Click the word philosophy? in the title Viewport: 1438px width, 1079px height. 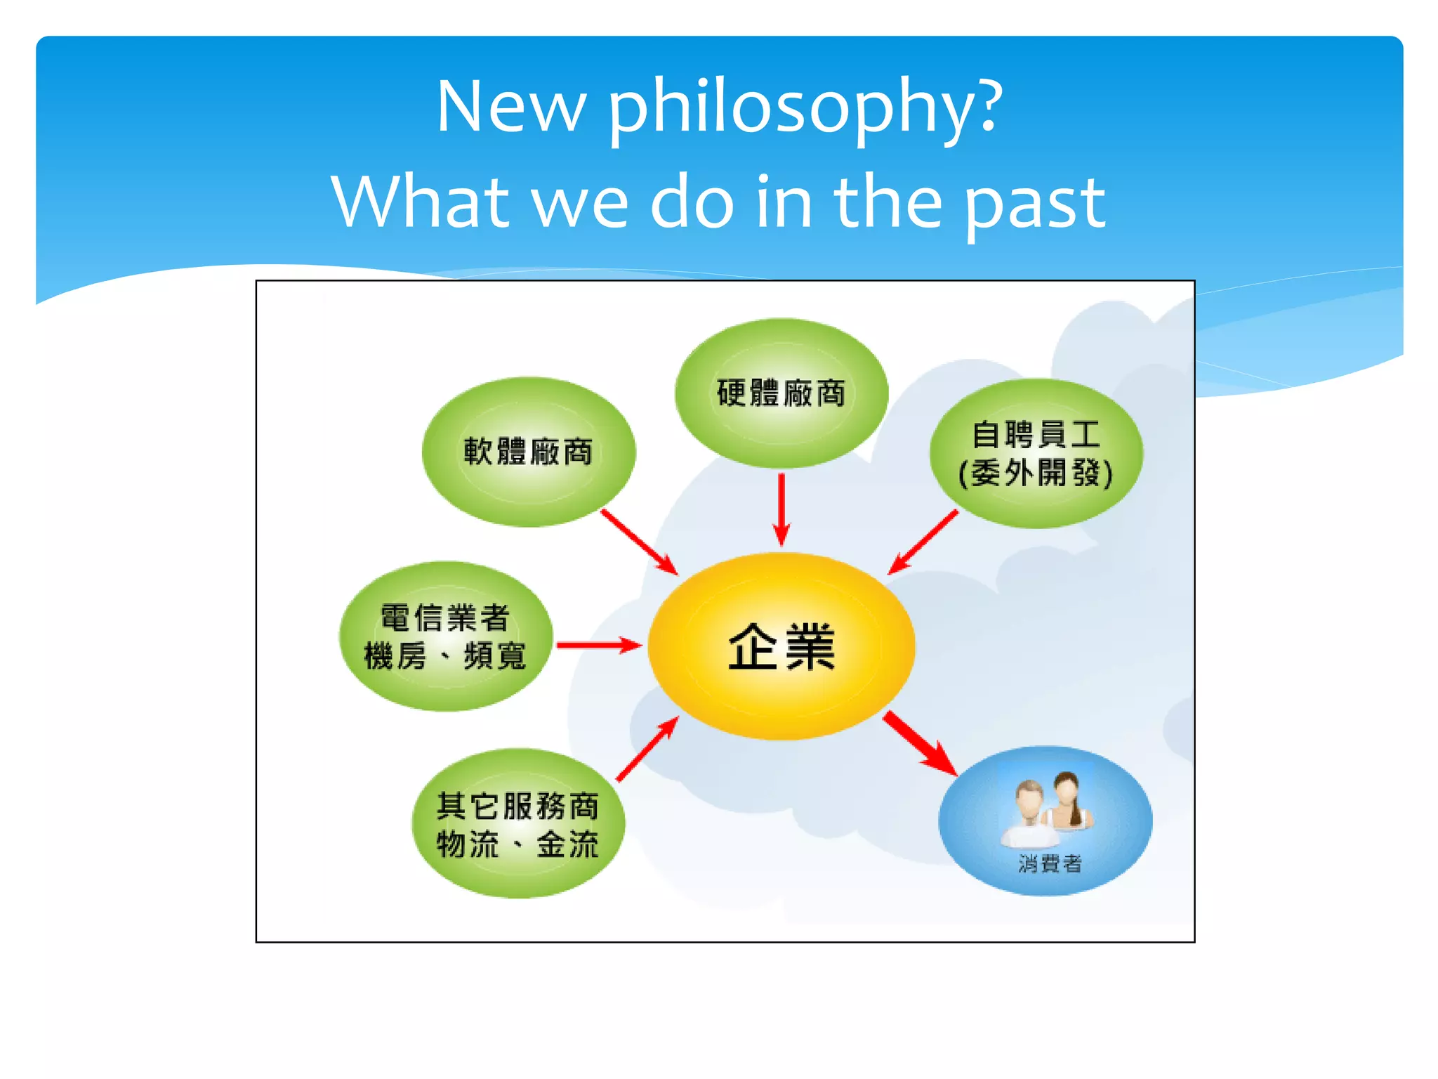click(805, 107)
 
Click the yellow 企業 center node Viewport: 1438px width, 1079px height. click(781, 646)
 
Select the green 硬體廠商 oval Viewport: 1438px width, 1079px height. click(781, 393)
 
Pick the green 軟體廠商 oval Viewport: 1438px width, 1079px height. click(528, 452)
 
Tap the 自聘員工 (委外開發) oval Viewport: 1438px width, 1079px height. click(1036, 454)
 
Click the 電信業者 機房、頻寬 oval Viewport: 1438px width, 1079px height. click(445, 636)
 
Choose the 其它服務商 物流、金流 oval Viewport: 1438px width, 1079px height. click(517, 823)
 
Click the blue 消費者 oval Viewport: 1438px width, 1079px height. click(1045, 820)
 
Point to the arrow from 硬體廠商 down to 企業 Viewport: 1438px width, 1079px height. click(781, 509)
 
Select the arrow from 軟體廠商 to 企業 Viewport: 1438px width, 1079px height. click(639, 542)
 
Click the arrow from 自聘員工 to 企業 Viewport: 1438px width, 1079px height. click(923, 542)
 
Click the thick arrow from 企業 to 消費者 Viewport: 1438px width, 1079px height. click(920, 743)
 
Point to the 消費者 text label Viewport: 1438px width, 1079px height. click(1050, 863)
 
